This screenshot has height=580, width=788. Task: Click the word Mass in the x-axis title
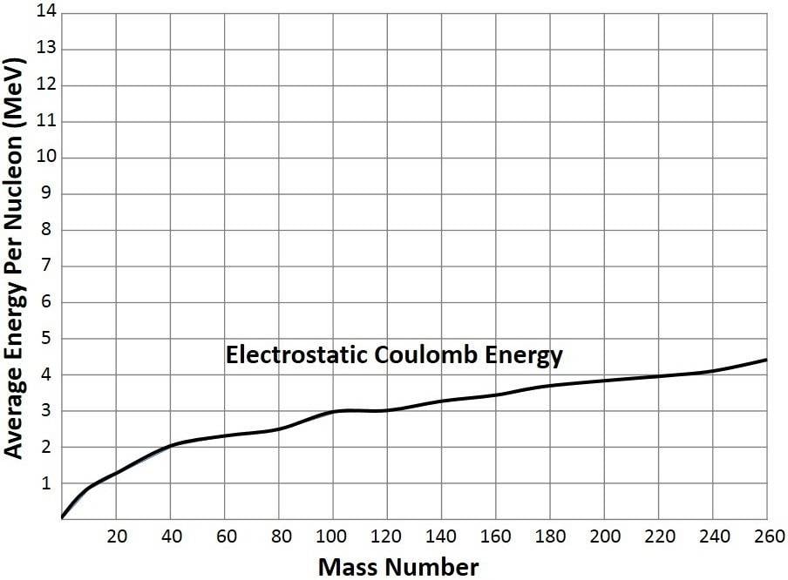pos(346,567)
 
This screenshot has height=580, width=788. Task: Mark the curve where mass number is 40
pos(171,445)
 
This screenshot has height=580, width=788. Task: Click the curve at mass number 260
pos(766,360)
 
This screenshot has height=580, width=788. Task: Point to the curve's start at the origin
pos(63,517)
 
